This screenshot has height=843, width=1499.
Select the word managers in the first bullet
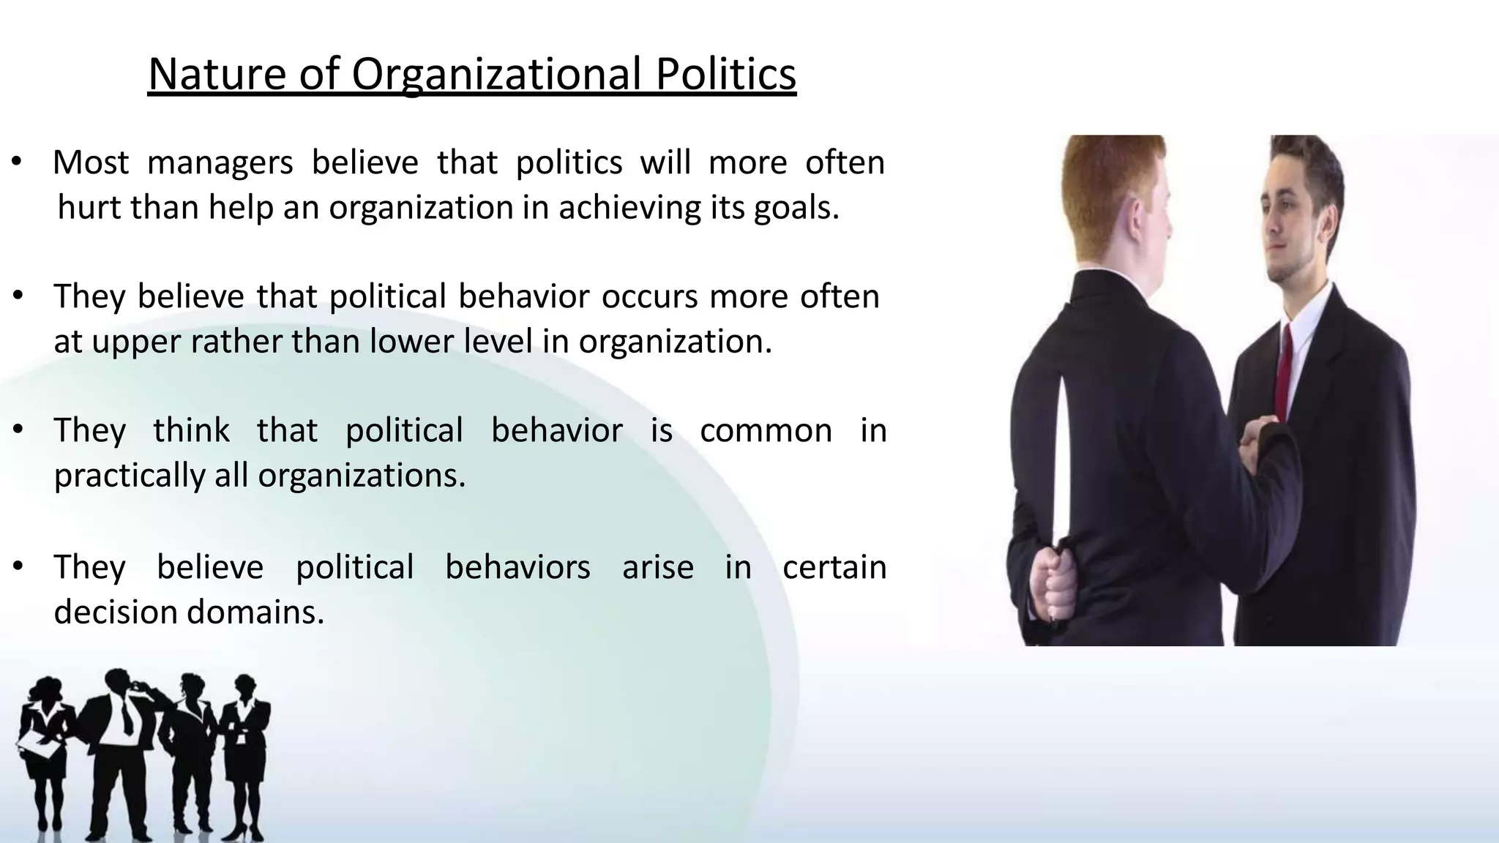pyautogui.click(x=220, y=162)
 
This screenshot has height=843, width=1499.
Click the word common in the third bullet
pyautogui.click(x=766, y=430)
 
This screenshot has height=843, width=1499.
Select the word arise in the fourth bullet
pyautogui.click(x=657, y=567)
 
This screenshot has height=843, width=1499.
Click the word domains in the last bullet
pyautogui.click(x=255, y=612)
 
